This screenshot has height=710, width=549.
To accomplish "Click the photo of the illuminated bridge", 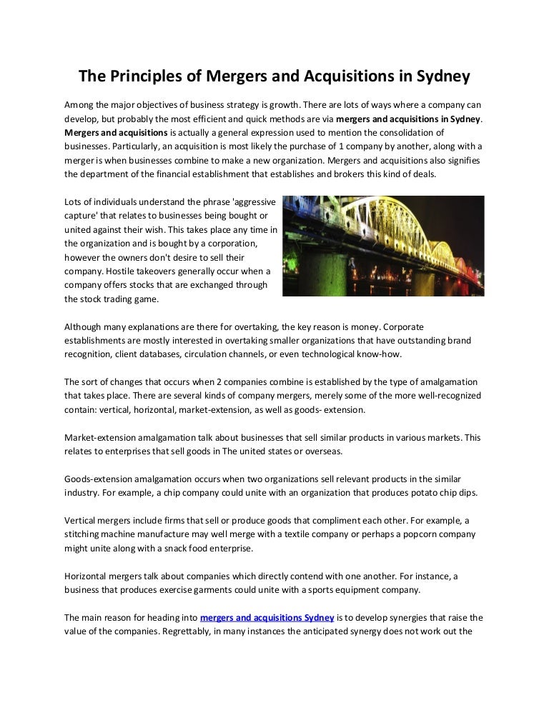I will coord(383,246).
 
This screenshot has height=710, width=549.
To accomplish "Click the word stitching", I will coord(83,534).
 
